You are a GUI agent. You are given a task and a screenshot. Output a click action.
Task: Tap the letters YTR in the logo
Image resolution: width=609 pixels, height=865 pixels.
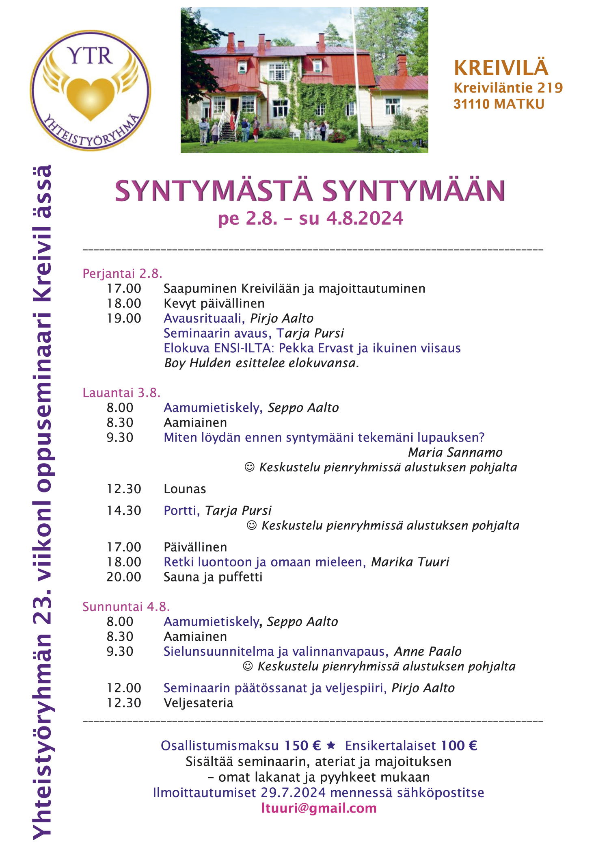click(90, 56)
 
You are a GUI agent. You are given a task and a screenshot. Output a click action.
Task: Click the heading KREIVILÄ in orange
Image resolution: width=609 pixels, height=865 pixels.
click(501, 68)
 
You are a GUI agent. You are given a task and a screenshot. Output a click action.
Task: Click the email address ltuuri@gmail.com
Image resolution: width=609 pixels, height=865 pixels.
click(319, 808)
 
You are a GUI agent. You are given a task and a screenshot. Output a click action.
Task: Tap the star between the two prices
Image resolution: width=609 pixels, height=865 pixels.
click(331, 745)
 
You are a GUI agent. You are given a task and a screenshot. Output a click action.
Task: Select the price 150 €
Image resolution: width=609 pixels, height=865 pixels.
click(302, 746)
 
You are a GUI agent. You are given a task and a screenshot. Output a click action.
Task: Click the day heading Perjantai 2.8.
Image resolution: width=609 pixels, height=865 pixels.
click(122, 273)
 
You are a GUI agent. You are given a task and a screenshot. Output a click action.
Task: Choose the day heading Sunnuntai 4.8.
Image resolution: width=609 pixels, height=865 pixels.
click(126, 607)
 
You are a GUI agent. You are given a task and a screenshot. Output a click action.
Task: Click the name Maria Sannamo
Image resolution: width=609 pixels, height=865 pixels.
click(455, 452)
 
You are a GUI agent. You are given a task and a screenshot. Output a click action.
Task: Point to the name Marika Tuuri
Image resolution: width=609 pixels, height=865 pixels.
click(410, 562)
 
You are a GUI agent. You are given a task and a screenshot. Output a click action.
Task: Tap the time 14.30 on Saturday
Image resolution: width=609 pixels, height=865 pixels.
click(124, 510)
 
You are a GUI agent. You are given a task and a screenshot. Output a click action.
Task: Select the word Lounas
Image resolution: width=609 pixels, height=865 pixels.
click(185, 489)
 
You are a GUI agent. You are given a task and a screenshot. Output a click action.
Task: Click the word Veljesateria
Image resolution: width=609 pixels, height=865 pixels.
click(199, 703)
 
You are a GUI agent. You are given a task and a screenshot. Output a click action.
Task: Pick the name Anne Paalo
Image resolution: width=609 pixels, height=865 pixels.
click(428, 651)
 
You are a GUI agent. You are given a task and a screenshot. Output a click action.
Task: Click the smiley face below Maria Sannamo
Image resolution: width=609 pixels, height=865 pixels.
click(250, 467)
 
